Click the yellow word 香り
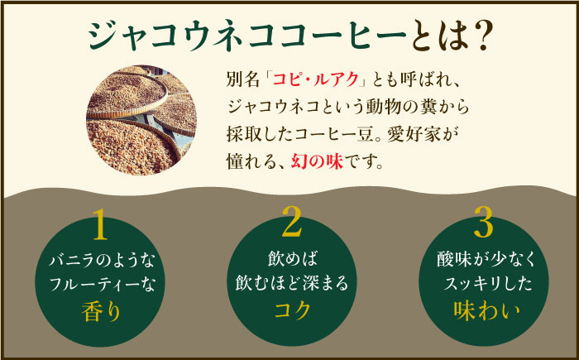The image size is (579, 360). coord(102,312)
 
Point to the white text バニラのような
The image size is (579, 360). coord(102,262)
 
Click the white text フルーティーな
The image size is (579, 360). coord(102,286)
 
